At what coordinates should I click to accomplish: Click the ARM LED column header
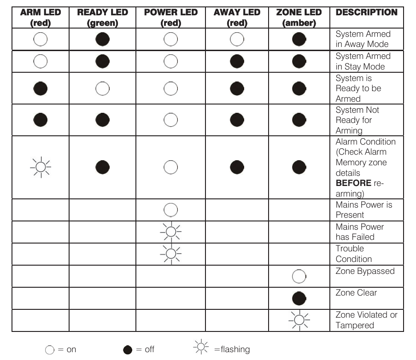coord(40,17)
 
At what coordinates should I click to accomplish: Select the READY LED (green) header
coord(102,17)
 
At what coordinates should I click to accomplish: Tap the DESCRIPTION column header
coord(367,12)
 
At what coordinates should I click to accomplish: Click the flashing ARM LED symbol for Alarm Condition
coord(41,167)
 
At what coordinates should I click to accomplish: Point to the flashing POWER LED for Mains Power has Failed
coord(170,232)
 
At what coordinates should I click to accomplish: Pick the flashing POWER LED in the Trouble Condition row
coord(170,253)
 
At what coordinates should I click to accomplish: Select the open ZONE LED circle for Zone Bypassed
coord(299,276)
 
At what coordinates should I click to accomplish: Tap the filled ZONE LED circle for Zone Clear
coord(299,298)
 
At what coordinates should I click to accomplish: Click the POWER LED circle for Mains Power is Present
coord(170,210)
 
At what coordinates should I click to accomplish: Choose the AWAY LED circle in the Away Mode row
coord(237,39)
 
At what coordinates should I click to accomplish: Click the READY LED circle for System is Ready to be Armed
coord(102,88)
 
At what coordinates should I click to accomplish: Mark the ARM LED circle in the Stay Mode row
coord(41,61)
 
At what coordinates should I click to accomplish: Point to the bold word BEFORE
coord(353,183)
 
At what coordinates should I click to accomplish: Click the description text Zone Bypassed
coord(365,271)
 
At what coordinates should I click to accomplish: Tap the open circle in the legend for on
coord(50,350)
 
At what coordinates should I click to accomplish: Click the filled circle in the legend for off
coord(128,350)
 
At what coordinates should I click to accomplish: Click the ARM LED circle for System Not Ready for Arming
coord(41,120)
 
